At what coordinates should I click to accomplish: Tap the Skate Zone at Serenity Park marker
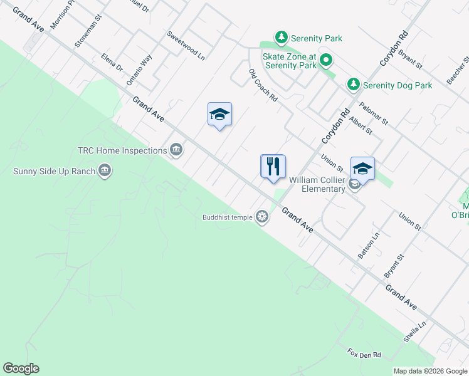point(325,61)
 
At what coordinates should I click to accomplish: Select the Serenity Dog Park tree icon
point(354,84)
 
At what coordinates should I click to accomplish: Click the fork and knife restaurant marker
point(273,167)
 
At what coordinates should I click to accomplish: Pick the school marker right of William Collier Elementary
point(362,169)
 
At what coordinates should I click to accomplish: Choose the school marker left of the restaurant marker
point(219,115)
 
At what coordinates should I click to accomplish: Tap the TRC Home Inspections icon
point(176,150)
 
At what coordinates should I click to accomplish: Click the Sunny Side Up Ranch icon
point(105,170)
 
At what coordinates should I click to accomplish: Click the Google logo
point(21,368)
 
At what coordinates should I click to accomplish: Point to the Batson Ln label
point(369,246)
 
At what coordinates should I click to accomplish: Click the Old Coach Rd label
point(263,85)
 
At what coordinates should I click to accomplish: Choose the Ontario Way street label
point(139,69)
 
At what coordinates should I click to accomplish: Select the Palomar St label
point(374,113)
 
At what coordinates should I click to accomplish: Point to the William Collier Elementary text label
point(317,184)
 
